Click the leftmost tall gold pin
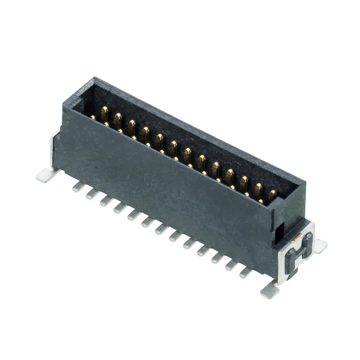(x=104, y=113)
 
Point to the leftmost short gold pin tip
(x=93, y=117)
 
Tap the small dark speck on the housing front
(x=95, y=167)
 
